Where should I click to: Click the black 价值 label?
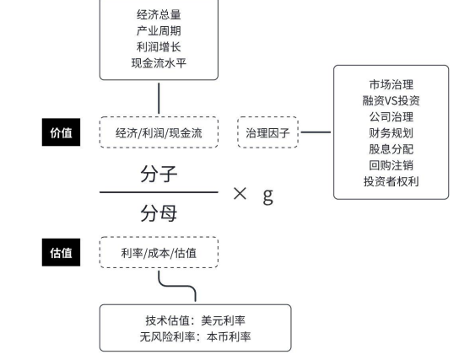pos(61,132)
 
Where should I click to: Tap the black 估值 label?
pos(61,252)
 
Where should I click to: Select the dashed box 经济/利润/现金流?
pos(159,132)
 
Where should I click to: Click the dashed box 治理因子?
pos(267,132)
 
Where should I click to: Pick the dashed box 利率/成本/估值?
pos(159,252)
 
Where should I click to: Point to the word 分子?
pos(159,174)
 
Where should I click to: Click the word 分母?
pos(159,213)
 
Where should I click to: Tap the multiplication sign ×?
pos(240,194)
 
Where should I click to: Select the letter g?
pos(267,196)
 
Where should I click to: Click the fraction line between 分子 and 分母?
pos(159,192)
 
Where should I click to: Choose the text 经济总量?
pos(159,14)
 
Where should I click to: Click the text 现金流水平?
pos(159,63)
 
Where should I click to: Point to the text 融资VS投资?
pos(391,100)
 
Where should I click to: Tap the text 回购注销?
pos(391,165)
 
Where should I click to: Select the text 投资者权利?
pos(391,181)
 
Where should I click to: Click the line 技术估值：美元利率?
pos(195,320)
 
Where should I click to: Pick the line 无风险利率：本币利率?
pos(195,336)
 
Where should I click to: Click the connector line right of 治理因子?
pos(316,132)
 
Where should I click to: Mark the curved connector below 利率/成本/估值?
pos(177,285)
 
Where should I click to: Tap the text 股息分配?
pos(391,149)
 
